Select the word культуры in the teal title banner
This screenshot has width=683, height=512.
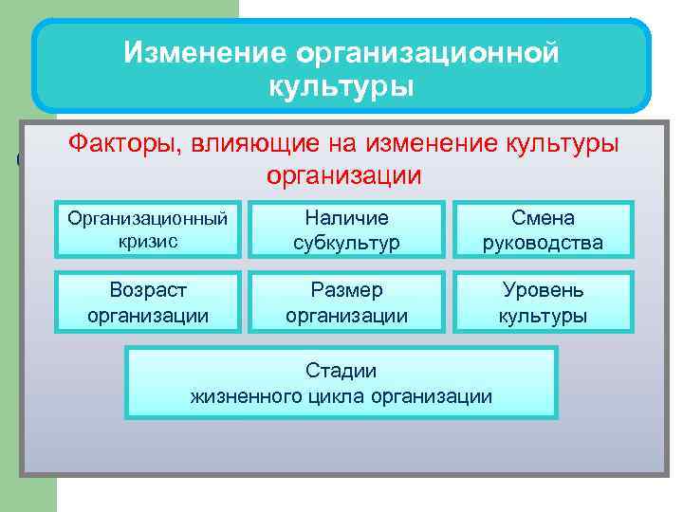coord(341,87)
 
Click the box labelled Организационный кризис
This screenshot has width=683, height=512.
coord(147,230)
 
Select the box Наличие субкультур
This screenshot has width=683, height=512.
coord(345,230)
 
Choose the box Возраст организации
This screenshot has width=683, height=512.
coord(147,302)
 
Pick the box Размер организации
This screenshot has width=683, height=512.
coord(345,302)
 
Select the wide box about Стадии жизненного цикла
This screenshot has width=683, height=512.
coord(341,382)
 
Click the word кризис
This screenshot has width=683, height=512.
coord(147,242)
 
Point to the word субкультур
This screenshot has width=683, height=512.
coord(345,243)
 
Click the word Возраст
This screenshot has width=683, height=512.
coord(147,289)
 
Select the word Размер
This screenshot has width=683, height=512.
coord(345,289)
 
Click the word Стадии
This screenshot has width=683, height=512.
coord(341,370)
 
